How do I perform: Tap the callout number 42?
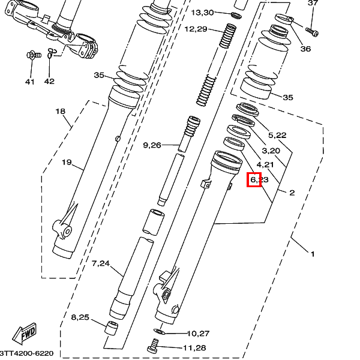(49, 82)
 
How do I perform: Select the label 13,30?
(202, 13)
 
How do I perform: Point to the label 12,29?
(196, 29)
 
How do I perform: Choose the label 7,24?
(101, 263)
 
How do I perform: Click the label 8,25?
(80, 317)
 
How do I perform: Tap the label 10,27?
(197, 333)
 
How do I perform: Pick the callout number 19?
(67, 162)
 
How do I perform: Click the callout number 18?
(60, 112)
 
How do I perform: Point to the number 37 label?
(312, 3)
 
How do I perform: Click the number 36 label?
(305, 49)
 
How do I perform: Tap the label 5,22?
(277, 136)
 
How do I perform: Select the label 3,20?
(271, 151)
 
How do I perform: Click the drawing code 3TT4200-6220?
(27, 354)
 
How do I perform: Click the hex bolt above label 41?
(30, 56)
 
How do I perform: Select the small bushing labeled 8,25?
(110, 328)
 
